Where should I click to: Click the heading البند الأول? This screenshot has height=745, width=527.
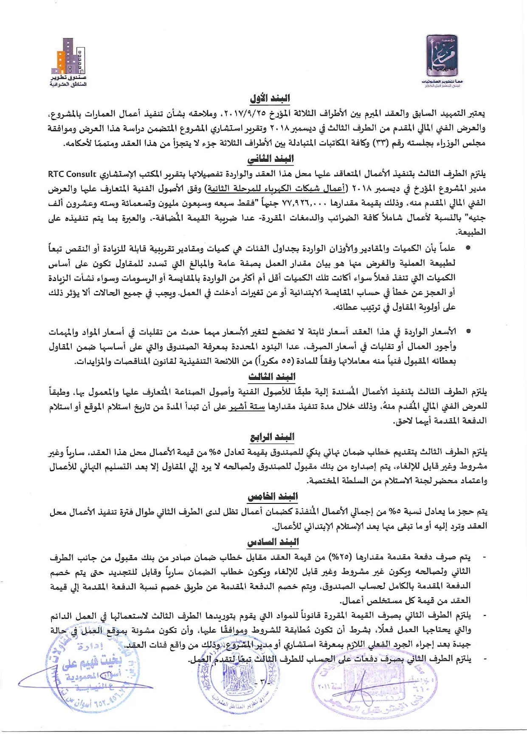pos(270,98)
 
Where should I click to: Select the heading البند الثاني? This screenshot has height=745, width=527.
pos(271,159)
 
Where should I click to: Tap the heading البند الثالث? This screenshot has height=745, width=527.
pos(272,377)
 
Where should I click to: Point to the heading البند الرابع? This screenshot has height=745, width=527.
pos(272,437)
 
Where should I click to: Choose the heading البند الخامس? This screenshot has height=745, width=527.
pos(273,497)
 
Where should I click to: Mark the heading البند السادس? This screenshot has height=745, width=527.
pos(273,542)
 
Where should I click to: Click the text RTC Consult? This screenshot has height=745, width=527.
pos(72,174)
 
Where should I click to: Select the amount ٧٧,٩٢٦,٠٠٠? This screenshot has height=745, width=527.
pos(304,203)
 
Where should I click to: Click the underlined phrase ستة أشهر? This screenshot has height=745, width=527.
pos(246,407)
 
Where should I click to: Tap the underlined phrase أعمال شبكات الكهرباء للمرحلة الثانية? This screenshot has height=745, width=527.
pos(277,188)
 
